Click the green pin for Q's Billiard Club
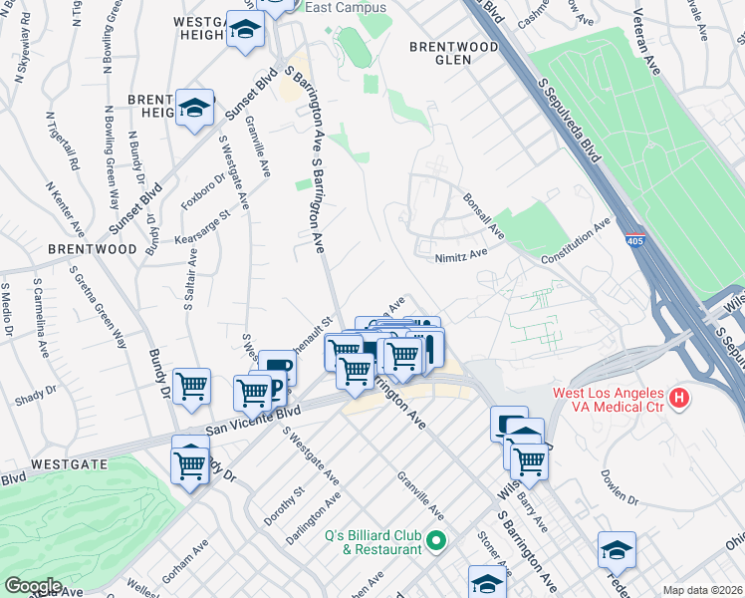435,541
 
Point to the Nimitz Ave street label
460,254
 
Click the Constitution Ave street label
575,244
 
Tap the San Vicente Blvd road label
253,420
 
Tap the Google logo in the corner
33,586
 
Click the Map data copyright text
701,590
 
